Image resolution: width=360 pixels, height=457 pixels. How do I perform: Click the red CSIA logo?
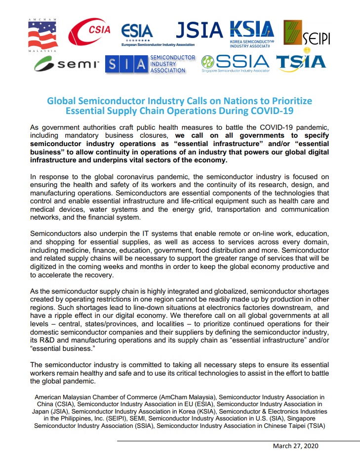pos(89,33)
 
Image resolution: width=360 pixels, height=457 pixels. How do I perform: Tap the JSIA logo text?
pos(200,30)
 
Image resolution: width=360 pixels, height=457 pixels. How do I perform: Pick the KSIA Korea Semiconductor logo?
pos(252,33)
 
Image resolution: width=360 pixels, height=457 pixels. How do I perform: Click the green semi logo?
pos(67,64)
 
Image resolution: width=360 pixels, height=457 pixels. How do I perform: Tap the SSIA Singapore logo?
pos(236,63)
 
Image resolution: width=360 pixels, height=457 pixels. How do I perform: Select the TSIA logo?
pos(301,62)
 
